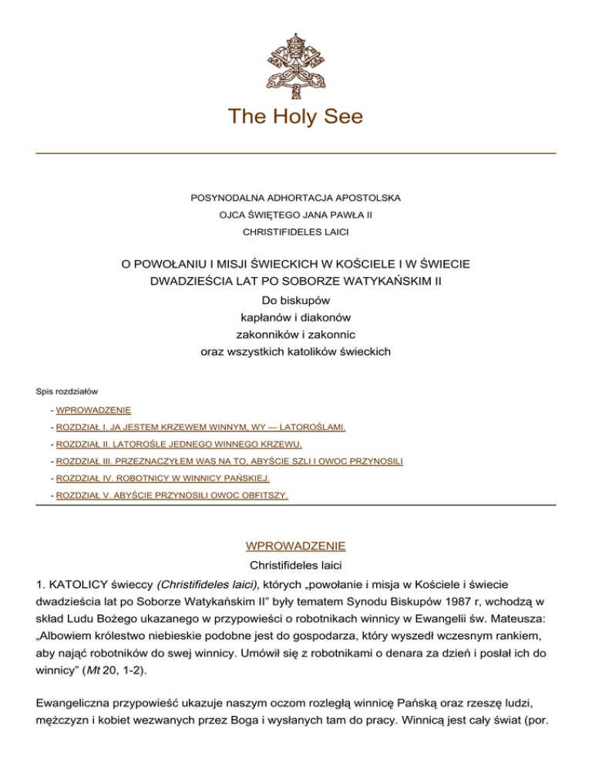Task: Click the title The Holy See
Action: tap(295, 117)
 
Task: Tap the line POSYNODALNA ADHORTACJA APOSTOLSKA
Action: tap(296, 198)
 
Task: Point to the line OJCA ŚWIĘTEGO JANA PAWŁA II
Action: tap(296, 214)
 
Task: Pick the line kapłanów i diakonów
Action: tap(296, 316)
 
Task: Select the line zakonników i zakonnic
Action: tap(296, 334)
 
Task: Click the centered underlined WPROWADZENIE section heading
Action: tap(296, 546)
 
